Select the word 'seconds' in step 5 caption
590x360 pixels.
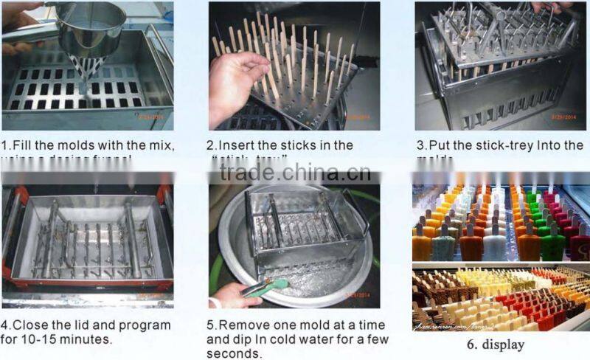point(234,353)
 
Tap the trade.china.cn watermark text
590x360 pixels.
point(295,173)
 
